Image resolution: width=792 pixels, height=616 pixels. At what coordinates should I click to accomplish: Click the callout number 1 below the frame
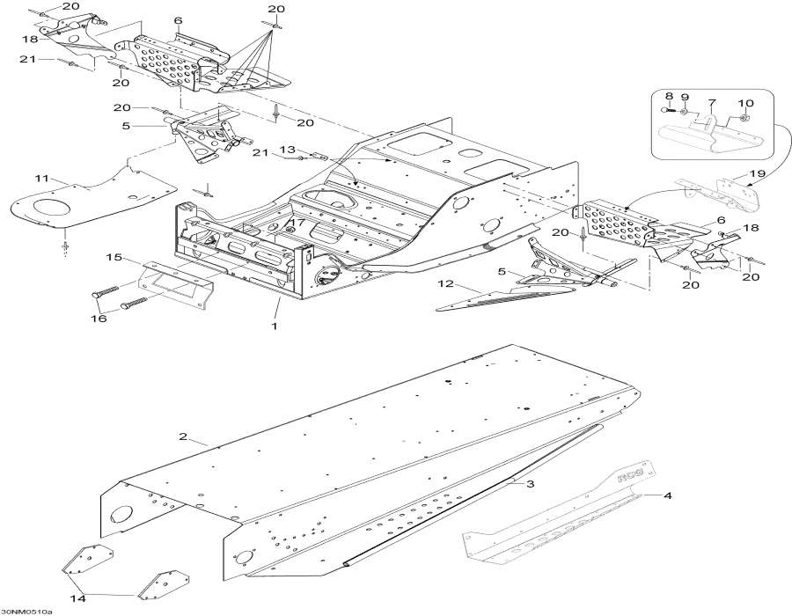click(274, 326)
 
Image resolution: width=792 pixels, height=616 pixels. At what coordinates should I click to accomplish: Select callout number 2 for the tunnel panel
click(182, 436)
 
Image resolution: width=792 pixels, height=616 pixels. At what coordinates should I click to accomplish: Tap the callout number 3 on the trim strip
click(531, 484)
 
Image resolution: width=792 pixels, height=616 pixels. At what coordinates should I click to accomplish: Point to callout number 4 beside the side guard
click(668, 496)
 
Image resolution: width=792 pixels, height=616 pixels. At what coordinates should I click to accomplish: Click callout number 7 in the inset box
click(711, 104)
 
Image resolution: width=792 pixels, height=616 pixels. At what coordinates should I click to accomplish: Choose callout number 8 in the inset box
click(669, 96)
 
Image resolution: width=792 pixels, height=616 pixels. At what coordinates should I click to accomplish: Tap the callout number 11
click(40, 180)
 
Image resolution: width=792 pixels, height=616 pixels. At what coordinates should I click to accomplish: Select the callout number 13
click(286, 150)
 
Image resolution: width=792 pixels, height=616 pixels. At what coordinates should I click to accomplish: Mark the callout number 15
click(113, 257)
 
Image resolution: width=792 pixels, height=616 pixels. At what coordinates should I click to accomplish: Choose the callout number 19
click(757, 173)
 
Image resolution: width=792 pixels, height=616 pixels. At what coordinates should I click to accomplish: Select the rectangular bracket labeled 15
click(172, 284)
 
